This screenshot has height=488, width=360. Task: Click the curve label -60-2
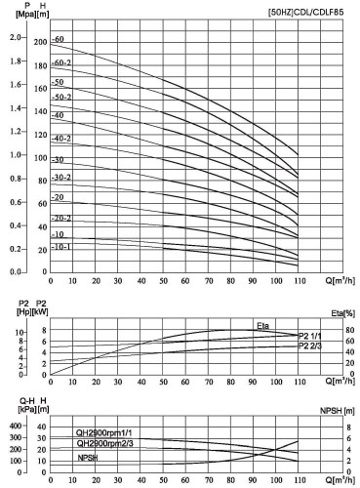[x=61, y=61]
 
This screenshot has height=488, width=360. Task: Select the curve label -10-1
[x=60, y=247]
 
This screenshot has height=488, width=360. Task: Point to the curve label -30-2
[x=61, y=178]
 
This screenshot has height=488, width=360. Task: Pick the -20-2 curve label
[x=61, y=218]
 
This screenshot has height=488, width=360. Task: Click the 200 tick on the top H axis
[x=40, y=43]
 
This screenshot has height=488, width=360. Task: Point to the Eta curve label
[x=262, y=324]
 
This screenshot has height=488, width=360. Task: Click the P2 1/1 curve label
[x=309, y=336]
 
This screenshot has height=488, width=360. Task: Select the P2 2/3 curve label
[x=309, y=346]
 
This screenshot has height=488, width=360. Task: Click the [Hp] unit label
[x=11, y=313]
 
